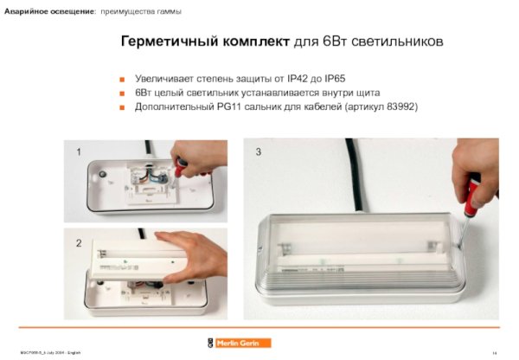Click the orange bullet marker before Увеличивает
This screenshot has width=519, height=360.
coord(124,78)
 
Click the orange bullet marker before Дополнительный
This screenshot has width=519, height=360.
coord(124,107)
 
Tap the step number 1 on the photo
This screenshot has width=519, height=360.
coord(79,151)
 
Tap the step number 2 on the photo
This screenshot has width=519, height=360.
coord(79,243)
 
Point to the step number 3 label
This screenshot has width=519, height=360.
coord(258,152)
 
